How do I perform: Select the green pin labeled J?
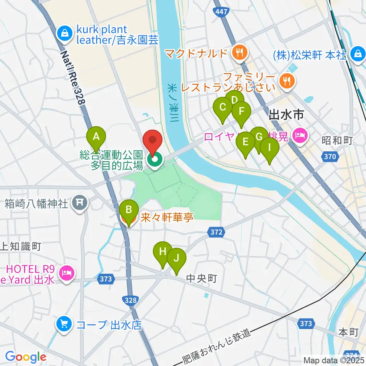pos(176,259)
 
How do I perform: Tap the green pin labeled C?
pos(223,108)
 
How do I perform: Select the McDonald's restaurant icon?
pos(239,53)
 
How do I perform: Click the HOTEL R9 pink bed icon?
pos(67,273)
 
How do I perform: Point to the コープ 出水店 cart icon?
pos(63,325)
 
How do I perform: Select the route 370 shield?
pos(329,156)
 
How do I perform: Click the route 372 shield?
pos(215,231)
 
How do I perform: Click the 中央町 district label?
pos(201,279)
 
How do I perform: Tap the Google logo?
pos(26,357)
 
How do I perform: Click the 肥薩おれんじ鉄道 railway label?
pos(218,346)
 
